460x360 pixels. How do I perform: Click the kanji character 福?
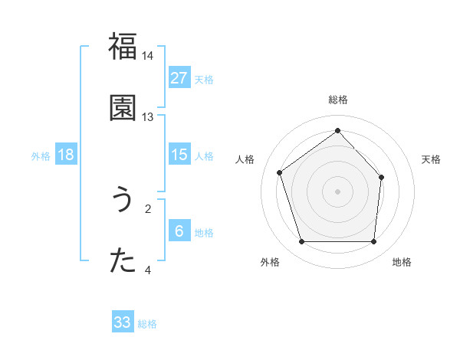pyautogui.click(x=123, y=47)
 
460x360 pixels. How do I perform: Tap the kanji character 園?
pyautogui.click(x=123, y=108)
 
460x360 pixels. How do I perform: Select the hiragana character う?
pyautogui.click(x=123, y=200)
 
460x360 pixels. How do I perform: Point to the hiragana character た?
pyautogui.click(x=123, y=261)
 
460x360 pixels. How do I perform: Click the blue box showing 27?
pyautogui.click(x=179, y=78)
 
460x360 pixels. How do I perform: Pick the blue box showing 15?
pyautogui.click(x=179, y=155)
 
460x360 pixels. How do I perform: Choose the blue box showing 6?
pyautogui.click(x=179, y=231)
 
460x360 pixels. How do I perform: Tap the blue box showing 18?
pyautogui.click(x=66, y=155)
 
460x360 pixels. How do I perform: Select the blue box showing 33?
pyautogui.click(x=123, y=322)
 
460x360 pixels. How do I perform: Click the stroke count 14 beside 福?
pyautogui.click(x=148, y=56)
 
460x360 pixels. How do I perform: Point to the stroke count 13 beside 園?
pyautogui.click(x=148, y=117)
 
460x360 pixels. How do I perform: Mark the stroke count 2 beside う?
pyautogui.click(x=148, y=208)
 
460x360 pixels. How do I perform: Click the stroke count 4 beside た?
pyautogui.click(x=148, y=270)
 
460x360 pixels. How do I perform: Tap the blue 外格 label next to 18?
pyautogui.click(x=41, y=155)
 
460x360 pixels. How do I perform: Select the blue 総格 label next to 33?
pyautogui.click(x=147, y=324)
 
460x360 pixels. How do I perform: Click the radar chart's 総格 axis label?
pyautogui.click(x=337, y=100)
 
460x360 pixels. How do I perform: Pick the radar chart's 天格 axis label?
pyautogui.click(x=432, y=159)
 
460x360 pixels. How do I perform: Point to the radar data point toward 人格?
pyautogui.click(x=280, y=172)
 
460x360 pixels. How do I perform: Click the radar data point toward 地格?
pyautogui.click(x=373, y=242)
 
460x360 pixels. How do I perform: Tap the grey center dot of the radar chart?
pyautogui.click(x=337, y=191)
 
